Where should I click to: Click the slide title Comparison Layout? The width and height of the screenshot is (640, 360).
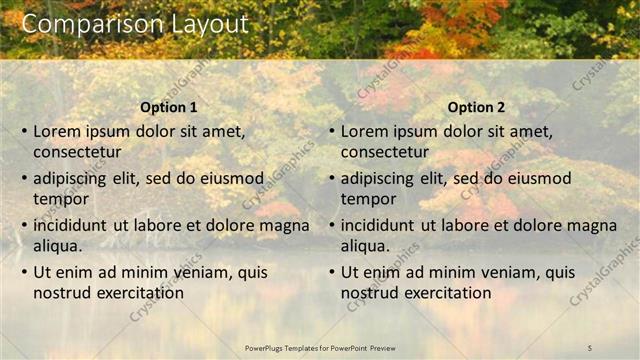[x=135, y=24]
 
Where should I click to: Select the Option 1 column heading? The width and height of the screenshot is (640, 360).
[x=169, y=107]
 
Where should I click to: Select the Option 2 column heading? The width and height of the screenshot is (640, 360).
[x=477, y=107]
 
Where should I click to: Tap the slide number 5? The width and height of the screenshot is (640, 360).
[x=591, y=347]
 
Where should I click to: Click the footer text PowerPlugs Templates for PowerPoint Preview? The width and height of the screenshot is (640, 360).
[x=320, y=347]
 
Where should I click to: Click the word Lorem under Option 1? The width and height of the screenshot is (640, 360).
[x=57, y=131]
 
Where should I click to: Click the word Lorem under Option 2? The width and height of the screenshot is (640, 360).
[x=365, y=131]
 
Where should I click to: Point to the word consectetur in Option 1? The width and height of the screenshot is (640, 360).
[x=77, y=152]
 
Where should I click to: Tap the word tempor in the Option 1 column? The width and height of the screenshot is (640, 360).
[x=61, y=199]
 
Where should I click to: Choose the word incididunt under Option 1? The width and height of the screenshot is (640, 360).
[x=70, y=225]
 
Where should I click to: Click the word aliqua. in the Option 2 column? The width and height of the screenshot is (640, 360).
[x=366, y=246]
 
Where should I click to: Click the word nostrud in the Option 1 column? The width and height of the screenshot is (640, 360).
[x=62, y=293]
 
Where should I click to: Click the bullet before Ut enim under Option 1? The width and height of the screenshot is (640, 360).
[x=23, y=272]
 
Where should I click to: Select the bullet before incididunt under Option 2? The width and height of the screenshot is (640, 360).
[x=331, y=225]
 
